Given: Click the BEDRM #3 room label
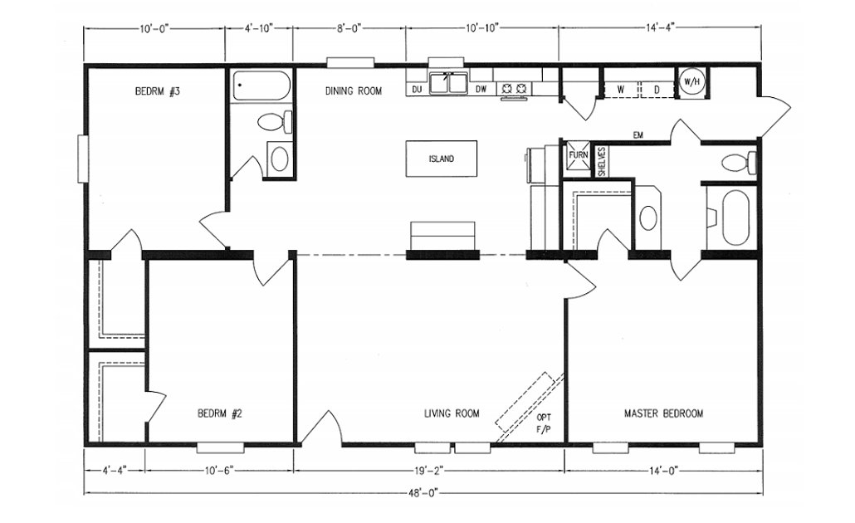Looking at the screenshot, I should tap(158, 92).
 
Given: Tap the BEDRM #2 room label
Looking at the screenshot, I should tap(219, 413).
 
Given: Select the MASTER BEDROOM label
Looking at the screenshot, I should tap(663, 413).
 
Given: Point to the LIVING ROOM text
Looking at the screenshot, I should tap(452, 413).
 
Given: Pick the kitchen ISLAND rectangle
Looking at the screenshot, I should tap(441, 159).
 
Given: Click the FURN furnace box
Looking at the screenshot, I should tap(578, 155).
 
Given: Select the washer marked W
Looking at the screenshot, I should tap(619, 89).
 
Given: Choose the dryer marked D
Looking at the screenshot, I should tap(656, 89).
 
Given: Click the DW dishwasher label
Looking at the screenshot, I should tap(481, 89).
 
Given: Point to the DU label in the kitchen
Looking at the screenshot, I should tap(417, 89).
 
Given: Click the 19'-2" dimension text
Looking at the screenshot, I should tap(429, 471).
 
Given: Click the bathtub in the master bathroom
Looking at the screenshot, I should tap(735, 218).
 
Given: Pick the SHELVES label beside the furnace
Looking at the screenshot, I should tap(602, 161).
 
